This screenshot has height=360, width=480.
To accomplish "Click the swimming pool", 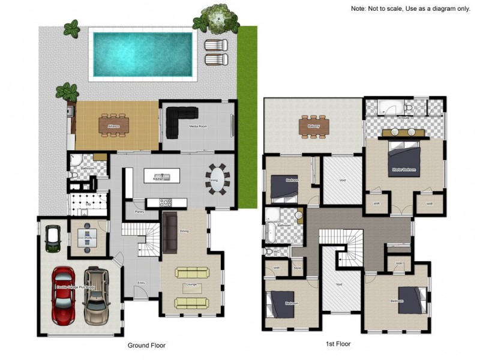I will pyautogui.click(x=143, y=54).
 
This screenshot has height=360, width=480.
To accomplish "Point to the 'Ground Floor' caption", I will pyautogui.click(x=146, y=346).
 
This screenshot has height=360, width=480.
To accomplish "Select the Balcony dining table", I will pyautogui.click(x=314, y=127).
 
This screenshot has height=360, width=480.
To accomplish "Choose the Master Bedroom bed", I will pyautogui.click(x=403, y=162).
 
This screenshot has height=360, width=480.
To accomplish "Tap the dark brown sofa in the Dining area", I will pyautogui.click(x=170, y=232).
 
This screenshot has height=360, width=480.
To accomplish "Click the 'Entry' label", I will pyautogui.click(x=141, y=283).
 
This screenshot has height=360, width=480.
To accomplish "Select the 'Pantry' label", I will pyautogui.click(x=139, y=212).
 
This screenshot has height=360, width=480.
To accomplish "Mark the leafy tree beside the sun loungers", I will pyautogui.click(x=219, y=19).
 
